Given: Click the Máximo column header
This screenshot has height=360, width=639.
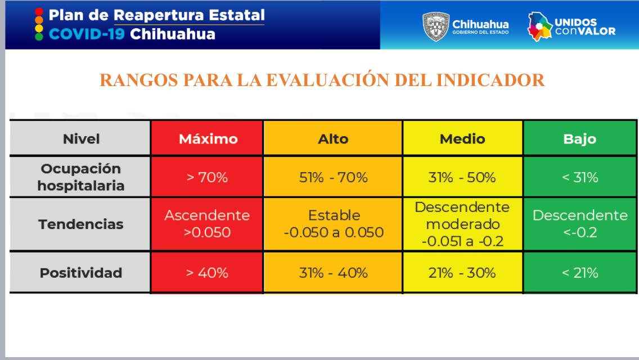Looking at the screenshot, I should click(x=208, y=139).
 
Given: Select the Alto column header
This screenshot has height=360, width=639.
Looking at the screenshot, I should click(x=332, y=139).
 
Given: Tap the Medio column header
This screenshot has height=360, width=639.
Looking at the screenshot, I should click(x=463, y=139).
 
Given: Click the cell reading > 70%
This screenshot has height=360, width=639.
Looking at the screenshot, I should click(x=208, y=178).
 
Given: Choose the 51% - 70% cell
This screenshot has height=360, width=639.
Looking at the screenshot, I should click(x=332, y=178).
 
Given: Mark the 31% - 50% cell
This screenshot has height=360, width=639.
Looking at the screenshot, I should click(x=463, y=178).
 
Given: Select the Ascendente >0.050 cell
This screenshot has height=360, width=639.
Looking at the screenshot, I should click(x=208, y=224).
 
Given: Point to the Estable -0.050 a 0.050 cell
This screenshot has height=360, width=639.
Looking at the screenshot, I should click(x=332, y=224).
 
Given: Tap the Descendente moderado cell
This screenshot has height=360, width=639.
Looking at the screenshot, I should click(x=463, y=224).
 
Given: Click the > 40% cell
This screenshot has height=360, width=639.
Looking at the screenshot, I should click(x=208, y=273).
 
